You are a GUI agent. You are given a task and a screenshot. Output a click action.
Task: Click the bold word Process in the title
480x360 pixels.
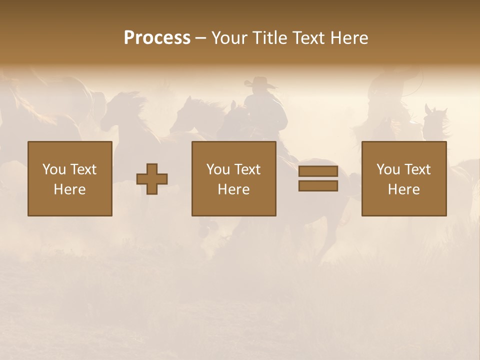pyautogui.click(x=157, y=38)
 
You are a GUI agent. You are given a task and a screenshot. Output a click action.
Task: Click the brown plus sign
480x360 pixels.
pyautogui.click(x=152, y=179)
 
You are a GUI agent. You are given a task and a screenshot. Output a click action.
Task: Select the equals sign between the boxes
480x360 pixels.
pyautogui.click(x=318, y=178)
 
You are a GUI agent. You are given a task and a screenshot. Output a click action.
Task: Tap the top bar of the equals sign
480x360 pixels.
pyautogui.click(x=318, y=171)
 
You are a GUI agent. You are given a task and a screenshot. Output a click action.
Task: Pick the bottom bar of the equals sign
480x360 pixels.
pyautogui.click(x=318, y=185)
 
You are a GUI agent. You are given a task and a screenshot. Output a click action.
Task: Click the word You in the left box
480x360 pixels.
pyautogui.click(x=54, y=169)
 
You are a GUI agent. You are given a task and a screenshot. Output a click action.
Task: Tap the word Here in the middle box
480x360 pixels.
pyautogui.click(x=233, y=189)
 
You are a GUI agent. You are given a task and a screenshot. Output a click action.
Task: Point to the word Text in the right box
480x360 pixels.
pyautogui.click(x=417, y=169)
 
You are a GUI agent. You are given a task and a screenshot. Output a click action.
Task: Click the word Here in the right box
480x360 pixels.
pyautogui.click(x=403, y=189)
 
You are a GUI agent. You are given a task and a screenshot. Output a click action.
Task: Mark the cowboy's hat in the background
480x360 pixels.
pyautogui.click(x=261, y=82)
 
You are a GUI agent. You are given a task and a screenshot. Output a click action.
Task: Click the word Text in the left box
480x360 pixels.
pyautogui.click(x=83, y=169)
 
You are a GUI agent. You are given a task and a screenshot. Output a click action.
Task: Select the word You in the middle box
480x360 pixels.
pyautogui.click(x=218, y=169)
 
